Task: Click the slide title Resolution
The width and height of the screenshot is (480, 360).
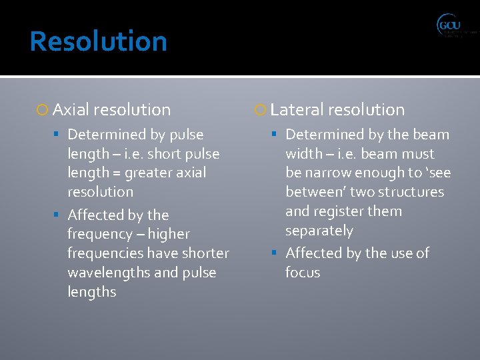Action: pos(98,41)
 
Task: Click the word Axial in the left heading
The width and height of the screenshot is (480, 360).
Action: pos(71,110)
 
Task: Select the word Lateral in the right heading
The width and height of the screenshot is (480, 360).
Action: pos(297,110)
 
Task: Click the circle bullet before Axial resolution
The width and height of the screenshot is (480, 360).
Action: pos(44,110)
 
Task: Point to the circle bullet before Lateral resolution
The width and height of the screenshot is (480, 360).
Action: pos(261,110)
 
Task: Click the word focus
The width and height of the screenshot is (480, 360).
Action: pos(303,273)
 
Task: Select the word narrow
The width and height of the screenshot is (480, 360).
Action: pos(329,173)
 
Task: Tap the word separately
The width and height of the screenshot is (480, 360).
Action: pos(319,231)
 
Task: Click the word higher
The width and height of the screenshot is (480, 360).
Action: pos(169,234)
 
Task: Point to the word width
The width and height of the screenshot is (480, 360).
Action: pos(304,153)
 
